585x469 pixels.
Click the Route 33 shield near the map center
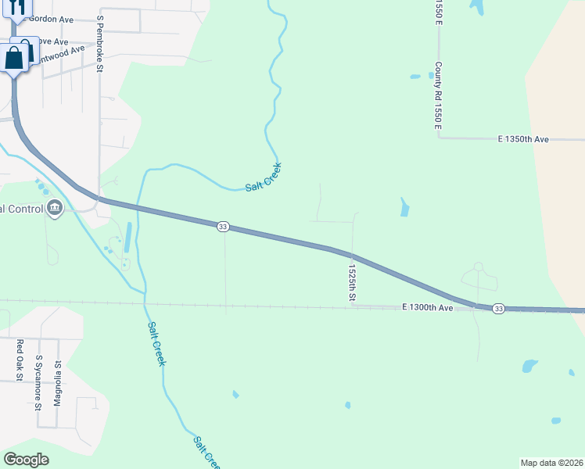click(223, 227)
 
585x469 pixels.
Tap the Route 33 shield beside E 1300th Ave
click(498, 310)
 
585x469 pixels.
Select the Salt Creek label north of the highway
click(263, 177)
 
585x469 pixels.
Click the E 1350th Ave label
click(524, 139)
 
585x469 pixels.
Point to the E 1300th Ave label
click(428, 308)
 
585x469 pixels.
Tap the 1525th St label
click(352, 282)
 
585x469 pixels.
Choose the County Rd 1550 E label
click(439, 95)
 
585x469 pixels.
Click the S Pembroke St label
click(100, 44)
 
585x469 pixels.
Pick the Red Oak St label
click(20, 356)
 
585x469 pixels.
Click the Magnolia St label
click(57, 383)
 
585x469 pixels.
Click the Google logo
click(26, 460)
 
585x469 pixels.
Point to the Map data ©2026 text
click(551, 463)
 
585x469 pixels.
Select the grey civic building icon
click(55, 208)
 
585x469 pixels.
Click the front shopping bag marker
click(14, 58)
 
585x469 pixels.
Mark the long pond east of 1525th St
click(404, 207)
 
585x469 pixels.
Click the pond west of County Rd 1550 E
click(415, 77)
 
